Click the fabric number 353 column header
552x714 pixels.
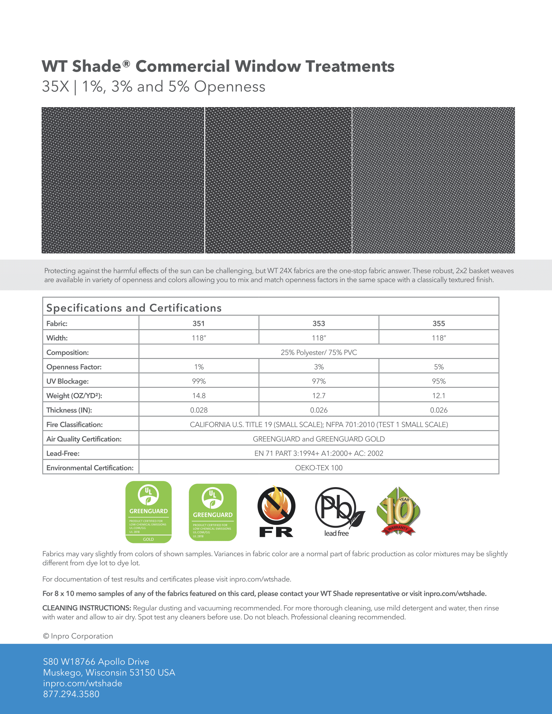[319, 323]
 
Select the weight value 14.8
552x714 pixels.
[199, 396]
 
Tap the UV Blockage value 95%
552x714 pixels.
[439, 381]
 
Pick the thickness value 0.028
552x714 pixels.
[199, 410]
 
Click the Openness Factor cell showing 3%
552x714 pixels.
[319, 367]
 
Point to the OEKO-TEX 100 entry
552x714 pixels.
[319, 468]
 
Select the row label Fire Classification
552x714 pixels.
[75, 425]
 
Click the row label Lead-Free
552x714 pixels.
[63, 453]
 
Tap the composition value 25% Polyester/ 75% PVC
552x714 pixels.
[319, 352]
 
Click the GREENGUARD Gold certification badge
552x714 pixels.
[148, 511]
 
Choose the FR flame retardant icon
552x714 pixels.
[276, 512]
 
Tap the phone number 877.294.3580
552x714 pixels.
[71, 694]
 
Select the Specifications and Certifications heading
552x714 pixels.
[134, 308]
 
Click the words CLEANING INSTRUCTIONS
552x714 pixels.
[87, 608]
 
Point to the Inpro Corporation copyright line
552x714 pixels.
[78, 636]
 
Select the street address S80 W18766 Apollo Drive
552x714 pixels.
[96, 662]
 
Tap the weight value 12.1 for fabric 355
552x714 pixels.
[439, 396]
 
